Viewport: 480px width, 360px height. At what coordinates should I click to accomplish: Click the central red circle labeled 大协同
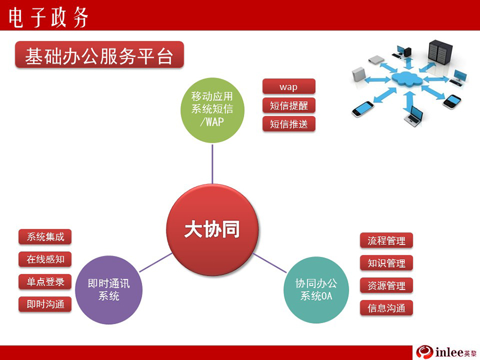212,230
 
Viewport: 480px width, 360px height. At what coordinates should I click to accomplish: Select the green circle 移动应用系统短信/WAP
212,110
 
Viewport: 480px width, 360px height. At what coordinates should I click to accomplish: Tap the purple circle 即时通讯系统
109,290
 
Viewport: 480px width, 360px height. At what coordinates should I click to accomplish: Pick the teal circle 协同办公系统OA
316,290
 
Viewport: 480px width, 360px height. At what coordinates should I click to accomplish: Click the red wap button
289,86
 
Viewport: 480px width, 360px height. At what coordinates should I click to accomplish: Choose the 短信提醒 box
289,105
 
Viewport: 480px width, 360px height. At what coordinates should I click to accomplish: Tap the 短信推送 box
289,124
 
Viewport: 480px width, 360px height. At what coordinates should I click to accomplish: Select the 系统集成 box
45,237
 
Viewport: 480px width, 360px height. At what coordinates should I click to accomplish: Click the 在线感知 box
45,259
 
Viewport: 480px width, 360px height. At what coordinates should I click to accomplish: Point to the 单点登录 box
45,282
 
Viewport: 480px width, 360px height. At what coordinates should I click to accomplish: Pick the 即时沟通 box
45,304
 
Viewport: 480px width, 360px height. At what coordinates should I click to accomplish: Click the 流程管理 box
386,241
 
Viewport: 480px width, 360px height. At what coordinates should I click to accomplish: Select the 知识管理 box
386,263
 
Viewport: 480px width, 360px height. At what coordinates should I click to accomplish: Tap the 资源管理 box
386,285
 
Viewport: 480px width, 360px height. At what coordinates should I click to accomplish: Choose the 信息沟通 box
386,308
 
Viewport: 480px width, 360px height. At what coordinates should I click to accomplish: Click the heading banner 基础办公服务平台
100,55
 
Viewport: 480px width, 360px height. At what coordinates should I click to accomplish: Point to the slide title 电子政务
49,17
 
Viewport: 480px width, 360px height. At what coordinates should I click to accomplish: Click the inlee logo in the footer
446,352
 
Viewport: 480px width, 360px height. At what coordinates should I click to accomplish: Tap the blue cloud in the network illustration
407,78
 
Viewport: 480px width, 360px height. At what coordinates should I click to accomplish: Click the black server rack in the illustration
440,51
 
